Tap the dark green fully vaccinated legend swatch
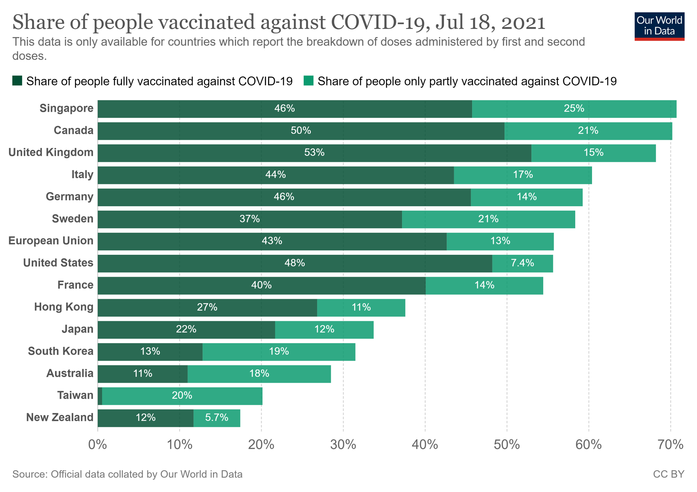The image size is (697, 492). [17, 81]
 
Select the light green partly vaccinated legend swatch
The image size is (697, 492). [308, 81]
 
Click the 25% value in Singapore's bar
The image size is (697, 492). [574, 109]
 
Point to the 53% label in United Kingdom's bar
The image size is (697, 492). [314, 152]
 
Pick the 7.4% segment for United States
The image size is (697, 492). [522, 263]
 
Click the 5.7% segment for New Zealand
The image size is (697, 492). [217, 418]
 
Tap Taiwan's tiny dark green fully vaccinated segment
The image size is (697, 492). [100, 396]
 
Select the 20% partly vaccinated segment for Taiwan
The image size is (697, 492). [182, 396]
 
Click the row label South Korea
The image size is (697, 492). [61, 351]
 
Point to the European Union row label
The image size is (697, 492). [51, 241]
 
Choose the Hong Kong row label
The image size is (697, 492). [64, 307]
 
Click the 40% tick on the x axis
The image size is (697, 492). [425, 445]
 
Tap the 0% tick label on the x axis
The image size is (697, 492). [98, 445]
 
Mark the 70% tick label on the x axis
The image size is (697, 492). [670, 445]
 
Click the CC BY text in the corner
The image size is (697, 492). [669, 474]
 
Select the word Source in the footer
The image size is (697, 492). [28, 474]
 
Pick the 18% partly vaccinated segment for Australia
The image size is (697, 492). [259, 374]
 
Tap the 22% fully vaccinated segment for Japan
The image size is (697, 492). [186, 329]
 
